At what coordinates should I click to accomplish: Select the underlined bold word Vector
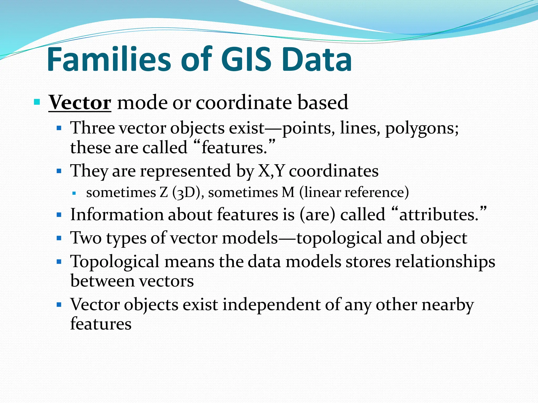pyautogui.click(x=80, y=103)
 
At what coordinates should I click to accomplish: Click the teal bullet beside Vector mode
pyautogui.click(x=37, y=102)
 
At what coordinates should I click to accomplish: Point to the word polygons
pyautogui.click(x=422, y=129)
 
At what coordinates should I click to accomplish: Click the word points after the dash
pyautogui.click(x=309, y=129)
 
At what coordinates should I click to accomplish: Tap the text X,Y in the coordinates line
pyautogui.click(x=271, y=171)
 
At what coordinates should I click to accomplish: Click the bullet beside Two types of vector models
pyautogui.click(x=59, y=238)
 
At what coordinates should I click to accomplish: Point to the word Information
pyautogui.click(x=117, y=215)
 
